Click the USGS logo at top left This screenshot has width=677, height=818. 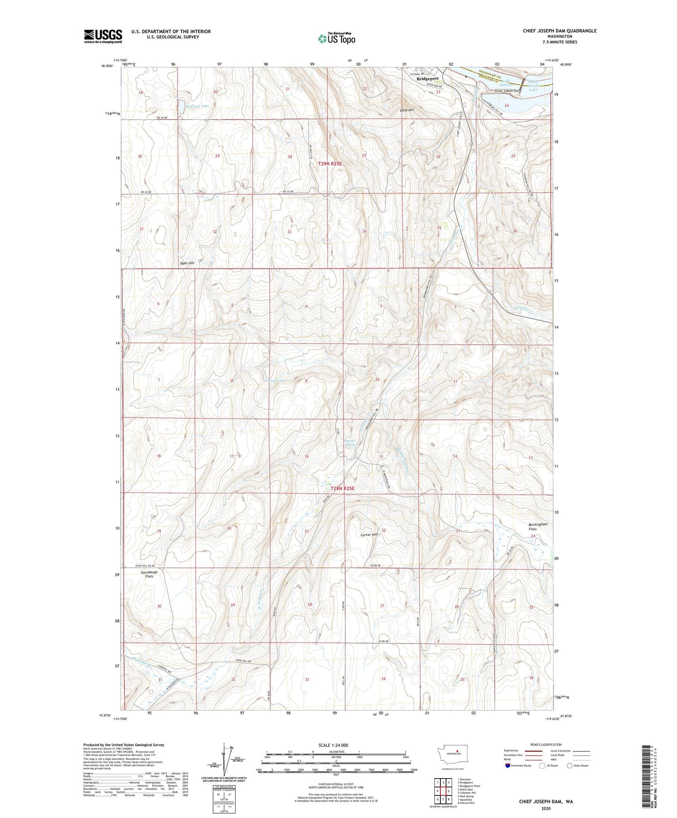103,36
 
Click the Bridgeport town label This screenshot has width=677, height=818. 428,79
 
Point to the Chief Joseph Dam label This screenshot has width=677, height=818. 508,91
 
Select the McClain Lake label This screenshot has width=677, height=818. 198,106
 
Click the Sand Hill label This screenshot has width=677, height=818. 407,110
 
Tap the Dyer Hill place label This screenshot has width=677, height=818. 187,263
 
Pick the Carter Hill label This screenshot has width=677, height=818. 369,535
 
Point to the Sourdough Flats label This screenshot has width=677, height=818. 149,574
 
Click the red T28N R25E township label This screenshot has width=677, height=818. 342,488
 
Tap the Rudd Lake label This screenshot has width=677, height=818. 276,380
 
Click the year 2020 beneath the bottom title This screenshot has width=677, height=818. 546,808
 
